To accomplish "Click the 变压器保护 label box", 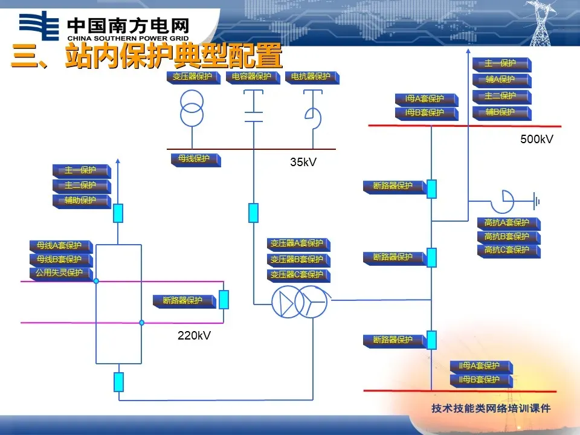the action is click(193, 77).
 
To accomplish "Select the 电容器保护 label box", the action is click(251, 77).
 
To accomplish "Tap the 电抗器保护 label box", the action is click(311, 77).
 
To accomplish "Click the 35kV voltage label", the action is click(303, 162).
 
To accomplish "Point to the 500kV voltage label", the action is click(536, 140).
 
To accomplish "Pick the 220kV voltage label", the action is click(194, 335).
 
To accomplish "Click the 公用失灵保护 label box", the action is click(59, 274).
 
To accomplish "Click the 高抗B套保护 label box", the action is click(507, 237).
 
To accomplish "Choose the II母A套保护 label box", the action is click(480, 366).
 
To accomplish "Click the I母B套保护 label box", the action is click(425, 113).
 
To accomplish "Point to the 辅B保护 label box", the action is click(500, 112).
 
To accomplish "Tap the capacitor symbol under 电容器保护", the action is click(253, 106).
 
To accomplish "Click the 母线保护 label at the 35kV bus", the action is click(194, 159).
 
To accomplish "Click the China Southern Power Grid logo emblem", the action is click(39, 27).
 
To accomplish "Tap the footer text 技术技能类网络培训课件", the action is click(491, 409).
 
